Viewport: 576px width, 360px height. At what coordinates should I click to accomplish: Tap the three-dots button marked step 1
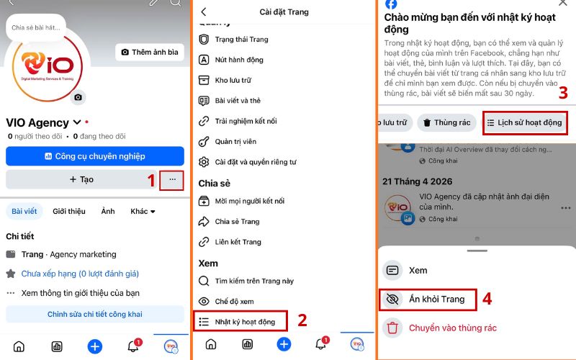[171, 179]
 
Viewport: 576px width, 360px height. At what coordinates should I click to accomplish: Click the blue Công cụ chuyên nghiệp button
[95, 156]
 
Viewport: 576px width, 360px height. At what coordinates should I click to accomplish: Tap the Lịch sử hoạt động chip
[525, 122]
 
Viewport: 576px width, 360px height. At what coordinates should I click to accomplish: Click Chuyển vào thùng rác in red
[452, 328]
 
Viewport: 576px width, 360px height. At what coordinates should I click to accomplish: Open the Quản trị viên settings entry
[235, 141]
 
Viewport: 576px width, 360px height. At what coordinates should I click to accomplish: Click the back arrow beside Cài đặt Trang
[204, 12]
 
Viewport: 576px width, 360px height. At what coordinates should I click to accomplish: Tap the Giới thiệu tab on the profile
[69, 211]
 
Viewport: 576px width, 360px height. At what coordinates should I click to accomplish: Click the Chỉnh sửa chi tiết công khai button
[95, 314]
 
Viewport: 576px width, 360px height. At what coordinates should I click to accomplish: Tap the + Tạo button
[81, 179]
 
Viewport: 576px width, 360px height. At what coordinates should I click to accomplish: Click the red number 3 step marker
[563, 93]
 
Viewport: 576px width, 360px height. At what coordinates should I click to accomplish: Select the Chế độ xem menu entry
[234, 301]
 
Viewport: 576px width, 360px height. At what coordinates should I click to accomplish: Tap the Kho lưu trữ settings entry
[234, 80]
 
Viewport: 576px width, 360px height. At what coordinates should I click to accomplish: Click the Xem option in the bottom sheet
[418, 271]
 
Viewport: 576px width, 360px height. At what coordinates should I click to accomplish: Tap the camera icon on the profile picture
[78, 96]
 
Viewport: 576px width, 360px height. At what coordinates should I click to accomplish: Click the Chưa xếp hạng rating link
[79, 274]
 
